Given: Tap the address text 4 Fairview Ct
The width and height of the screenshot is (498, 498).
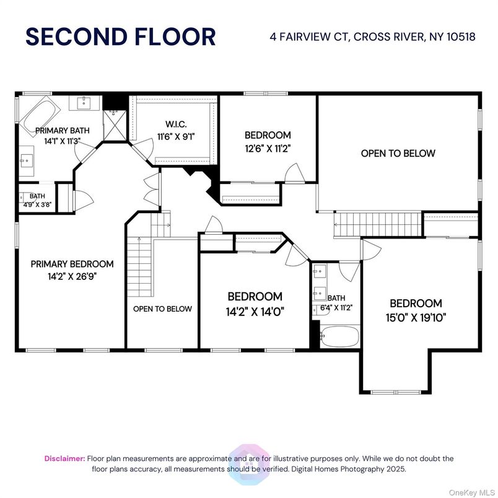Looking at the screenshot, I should [x=310, y=37].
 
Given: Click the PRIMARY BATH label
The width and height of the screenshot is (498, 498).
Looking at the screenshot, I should [x=62, y=131].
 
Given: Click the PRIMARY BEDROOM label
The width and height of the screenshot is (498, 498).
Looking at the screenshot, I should [x=72, y=264].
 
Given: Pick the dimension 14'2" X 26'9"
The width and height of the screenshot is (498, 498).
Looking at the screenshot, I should [x=72, y=276].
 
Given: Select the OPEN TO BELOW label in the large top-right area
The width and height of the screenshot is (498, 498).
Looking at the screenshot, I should [x=398, y=153].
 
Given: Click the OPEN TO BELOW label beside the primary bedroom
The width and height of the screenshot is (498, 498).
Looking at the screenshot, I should [x=162, y=308].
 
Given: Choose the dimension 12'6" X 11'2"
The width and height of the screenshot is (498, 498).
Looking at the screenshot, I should [x=268, y=148].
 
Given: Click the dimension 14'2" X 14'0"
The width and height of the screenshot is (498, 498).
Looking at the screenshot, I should [x=255, y=310].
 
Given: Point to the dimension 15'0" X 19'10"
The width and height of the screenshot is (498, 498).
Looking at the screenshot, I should [x=416, y=317].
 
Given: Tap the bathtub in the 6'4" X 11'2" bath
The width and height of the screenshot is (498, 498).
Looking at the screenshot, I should [x=339, y=338].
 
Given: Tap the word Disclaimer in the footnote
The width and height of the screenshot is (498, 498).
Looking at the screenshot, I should [x=64, y=459].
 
